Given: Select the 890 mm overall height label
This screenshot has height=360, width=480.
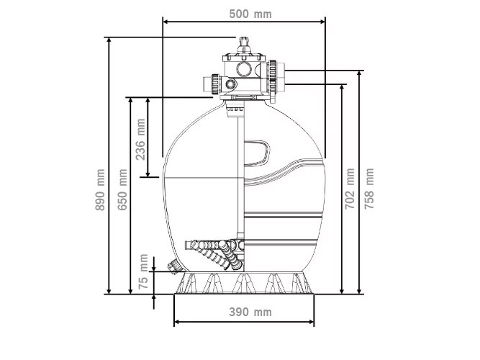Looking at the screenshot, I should pos(101,190).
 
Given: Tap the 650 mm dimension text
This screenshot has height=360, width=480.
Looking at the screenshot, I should pos(123,190).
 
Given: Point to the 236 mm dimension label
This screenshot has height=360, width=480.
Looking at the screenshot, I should pos(141,138).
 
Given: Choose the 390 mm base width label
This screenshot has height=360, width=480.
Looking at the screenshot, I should pos(245,312).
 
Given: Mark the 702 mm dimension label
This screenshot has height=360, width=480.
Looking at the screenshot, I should pos(350,188).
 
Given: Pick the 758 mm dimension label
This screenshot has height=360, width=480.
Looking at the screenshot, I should pos(370,188).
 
